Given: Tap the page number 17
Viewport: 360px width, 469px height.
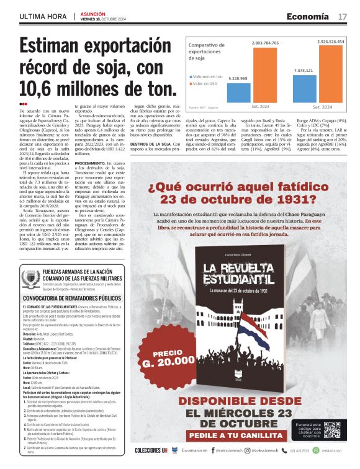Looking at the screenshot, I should pyautogui.click(x=343, y=16).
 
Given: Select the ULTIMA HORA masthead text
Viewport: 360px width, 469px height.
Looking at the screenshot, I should pyautogui.click(x=42, y=16).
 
